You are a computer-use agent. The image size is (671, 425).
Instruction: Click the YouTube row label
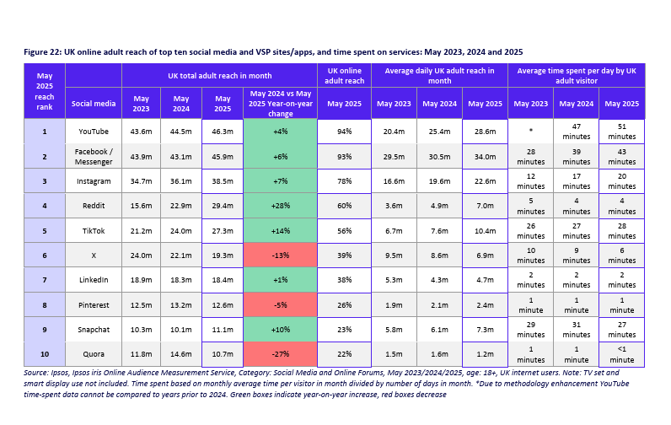pyautogui.click(x=93, y=132)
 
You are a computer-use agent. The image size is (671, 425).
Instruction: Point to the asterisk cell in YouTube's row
pyautogui.click(x=530, y=132)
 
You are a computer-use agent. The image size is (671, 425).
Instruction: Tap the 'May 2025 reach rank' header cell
pyautogui.click(x=44, y=91)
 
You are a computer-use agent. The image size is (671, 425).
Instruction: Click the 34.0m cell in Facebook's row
pyautogui.click(x=484, y=157)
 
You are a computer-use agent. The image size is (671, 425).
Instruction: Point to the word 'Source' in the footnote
pyautogui.click(x=37, y=372)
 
